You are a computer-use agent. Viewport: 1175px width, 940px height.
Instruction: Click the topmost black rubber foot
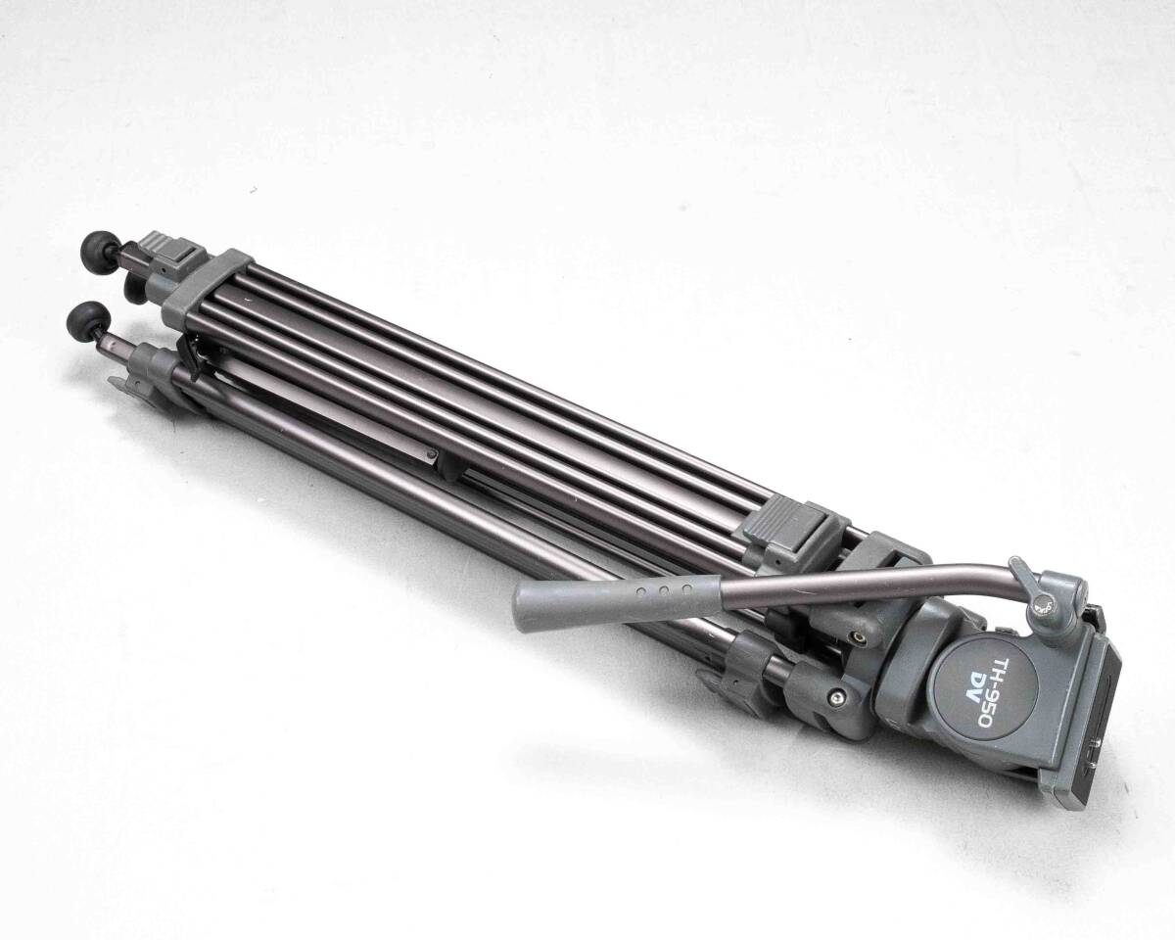coord(99,249)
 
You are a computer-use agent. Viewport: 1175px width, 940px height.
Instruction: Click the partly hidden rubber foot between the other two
coord(134,287)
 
